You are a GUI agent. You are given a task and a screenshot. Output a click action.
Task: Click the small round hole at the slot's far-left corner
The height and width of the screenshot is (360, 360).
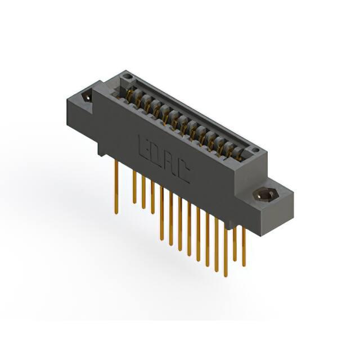coord(126,76)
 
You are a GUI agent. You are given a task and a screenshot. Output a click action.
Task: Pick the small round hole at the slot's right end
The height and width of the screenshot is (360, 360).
coord(254,150)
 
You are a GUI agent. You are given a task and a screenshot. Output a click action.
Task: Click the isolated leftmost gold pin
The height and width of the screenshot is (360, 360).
coord(116,187)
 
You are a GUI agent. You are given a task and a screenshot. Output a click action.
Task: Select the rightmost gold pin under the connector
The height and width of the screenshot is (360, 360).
coord(244,246)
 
